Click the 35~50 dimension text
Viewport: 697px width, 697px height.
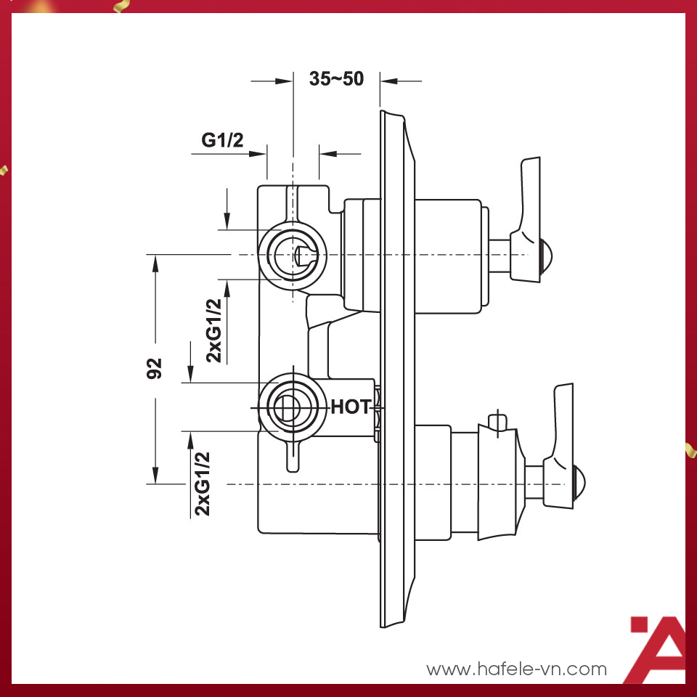pos(336,79)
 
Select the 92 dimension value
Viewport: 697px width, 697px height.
pos(155,369)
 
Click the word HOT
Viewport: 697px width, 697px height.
pos(351,407)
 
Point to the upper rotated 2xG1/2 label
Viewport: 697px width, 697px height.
pos(214,330)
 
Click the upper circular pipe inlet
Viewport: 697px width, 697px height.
pos(293,255)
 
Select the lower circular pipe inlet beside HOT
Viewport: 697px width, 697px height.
pos(291,407)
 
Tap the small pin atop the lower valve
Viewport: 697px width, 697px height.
pos(497,421)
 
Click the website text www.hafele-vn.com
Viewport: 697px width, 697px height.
pos(516,669)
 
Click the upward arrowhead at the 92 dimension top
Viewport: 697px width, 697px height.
pos(155,263)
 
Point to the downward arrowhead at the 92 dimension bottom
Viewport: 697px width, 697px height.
pos(155,475)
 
